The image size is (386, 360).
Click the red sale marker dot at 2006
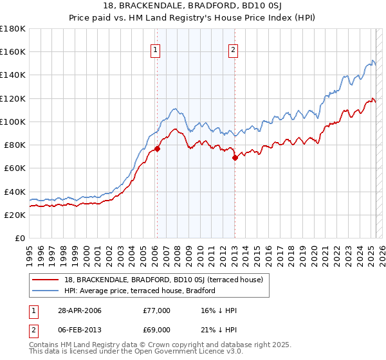pos(157,148)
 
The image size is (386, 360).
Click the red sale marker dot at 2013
pos(234,157)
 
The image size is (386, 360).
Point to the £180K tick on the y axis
pos(13,29)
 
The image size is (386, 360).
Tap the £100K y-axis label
pos(13,122)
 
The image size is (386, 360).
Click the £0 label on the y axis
pos(21,238)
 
